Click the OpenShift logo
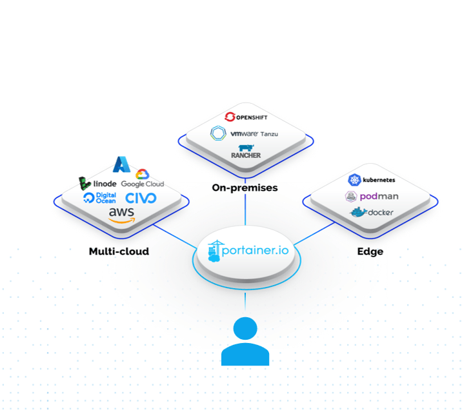click(x=245, y=117)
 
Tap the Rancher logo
click(x=245, y=151)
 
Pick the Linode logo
click(x=97, y=183)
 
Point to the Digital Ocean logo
click(x=99, y=198)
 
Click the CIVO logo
click(x=141, y=197)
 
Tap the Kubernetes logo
click(x=371, y=180)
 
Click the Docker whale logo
click(x=371, y=212)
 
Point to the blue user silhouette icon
click(x=245, y=341)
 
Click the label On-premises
click(x=245, y=188)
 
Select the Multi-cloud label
click(x=119, y=251)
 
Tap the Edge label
click(x=370, y=251)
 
